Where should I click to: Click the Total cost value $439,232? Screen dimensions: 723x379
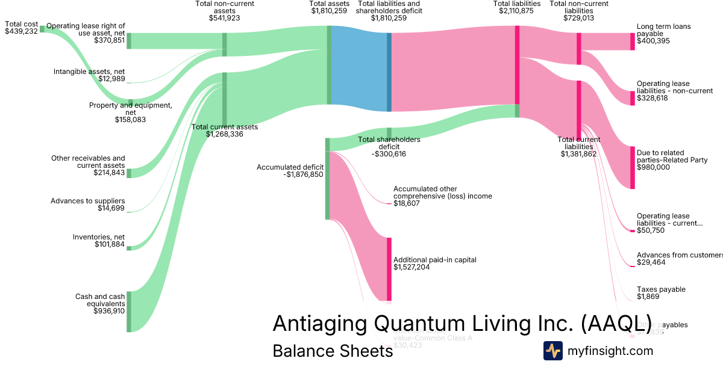coord(21,31)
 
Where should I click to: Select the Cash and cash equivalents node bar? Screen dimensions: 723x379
coord(129,311)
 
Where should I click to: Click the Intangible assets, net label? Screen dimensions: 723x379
coord(89,72)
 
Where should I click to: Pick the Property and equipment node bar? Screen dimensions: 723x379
coord(130,103)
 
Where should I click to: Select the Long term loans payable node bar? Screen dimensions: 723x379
coord(632,42)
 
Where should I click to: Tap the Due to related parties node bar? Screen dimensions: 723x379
coord(632,167)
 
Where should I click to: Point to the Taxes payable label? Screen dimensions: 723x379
coord(661,289)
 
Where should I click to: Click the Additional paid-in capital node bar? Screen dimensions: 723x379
coord(389,269)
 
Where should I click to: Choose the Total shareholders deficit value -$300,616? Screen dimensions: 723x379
coord(389,154)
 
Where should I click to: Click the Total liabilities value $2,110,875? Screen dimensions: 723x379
coord(516,11)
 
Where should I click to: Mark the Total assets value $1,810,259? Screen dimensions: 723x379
coord(329,11)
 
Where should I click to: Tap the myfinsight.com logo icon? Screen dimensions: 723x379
coord(552,351)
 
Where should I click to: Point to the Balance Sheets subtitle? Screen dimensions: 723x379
coord(333,351)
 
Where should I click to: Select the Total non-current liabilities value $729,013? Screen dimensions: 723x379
coord(578,18)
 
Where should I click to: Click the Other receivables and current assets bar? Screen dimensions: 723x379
coord(129,173)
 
